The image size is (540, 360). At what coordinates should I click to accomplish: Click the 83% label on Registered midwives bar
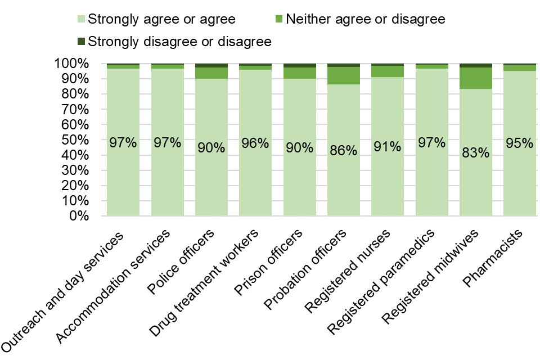click(475, 152)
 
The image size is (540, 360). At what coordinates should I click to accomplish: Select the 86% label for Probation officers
click(344, 150)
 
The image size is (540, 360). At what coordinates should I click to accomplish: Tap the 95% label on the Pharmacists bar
click(519, 143)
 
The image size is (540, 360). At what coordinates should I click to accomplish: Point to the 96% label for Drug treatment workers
click(255, 143)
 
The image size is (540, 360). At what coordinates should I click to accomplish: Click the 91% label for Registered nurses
click(388, 147)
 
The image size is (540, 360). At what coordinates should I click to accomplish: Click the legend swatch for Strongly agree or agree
click(81, 19)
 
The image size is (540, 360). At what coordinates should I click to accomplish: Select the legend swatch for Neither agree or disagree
click(279, 19)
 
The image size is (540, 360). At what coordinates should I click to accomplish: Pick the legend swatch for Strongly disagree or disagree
click(81, 42)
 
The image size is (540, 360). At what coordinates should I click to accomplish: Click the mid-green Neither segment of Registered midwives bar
click(475, 78)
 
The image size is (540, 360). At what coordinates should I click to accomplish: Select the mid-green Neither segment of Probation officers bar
click(344, 75)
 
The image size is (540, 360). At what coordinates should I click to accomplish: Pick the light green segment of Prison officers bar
click(299, 169)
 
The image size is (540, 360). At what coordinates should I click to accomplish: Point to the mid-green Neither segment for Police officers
click(211, 73)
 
